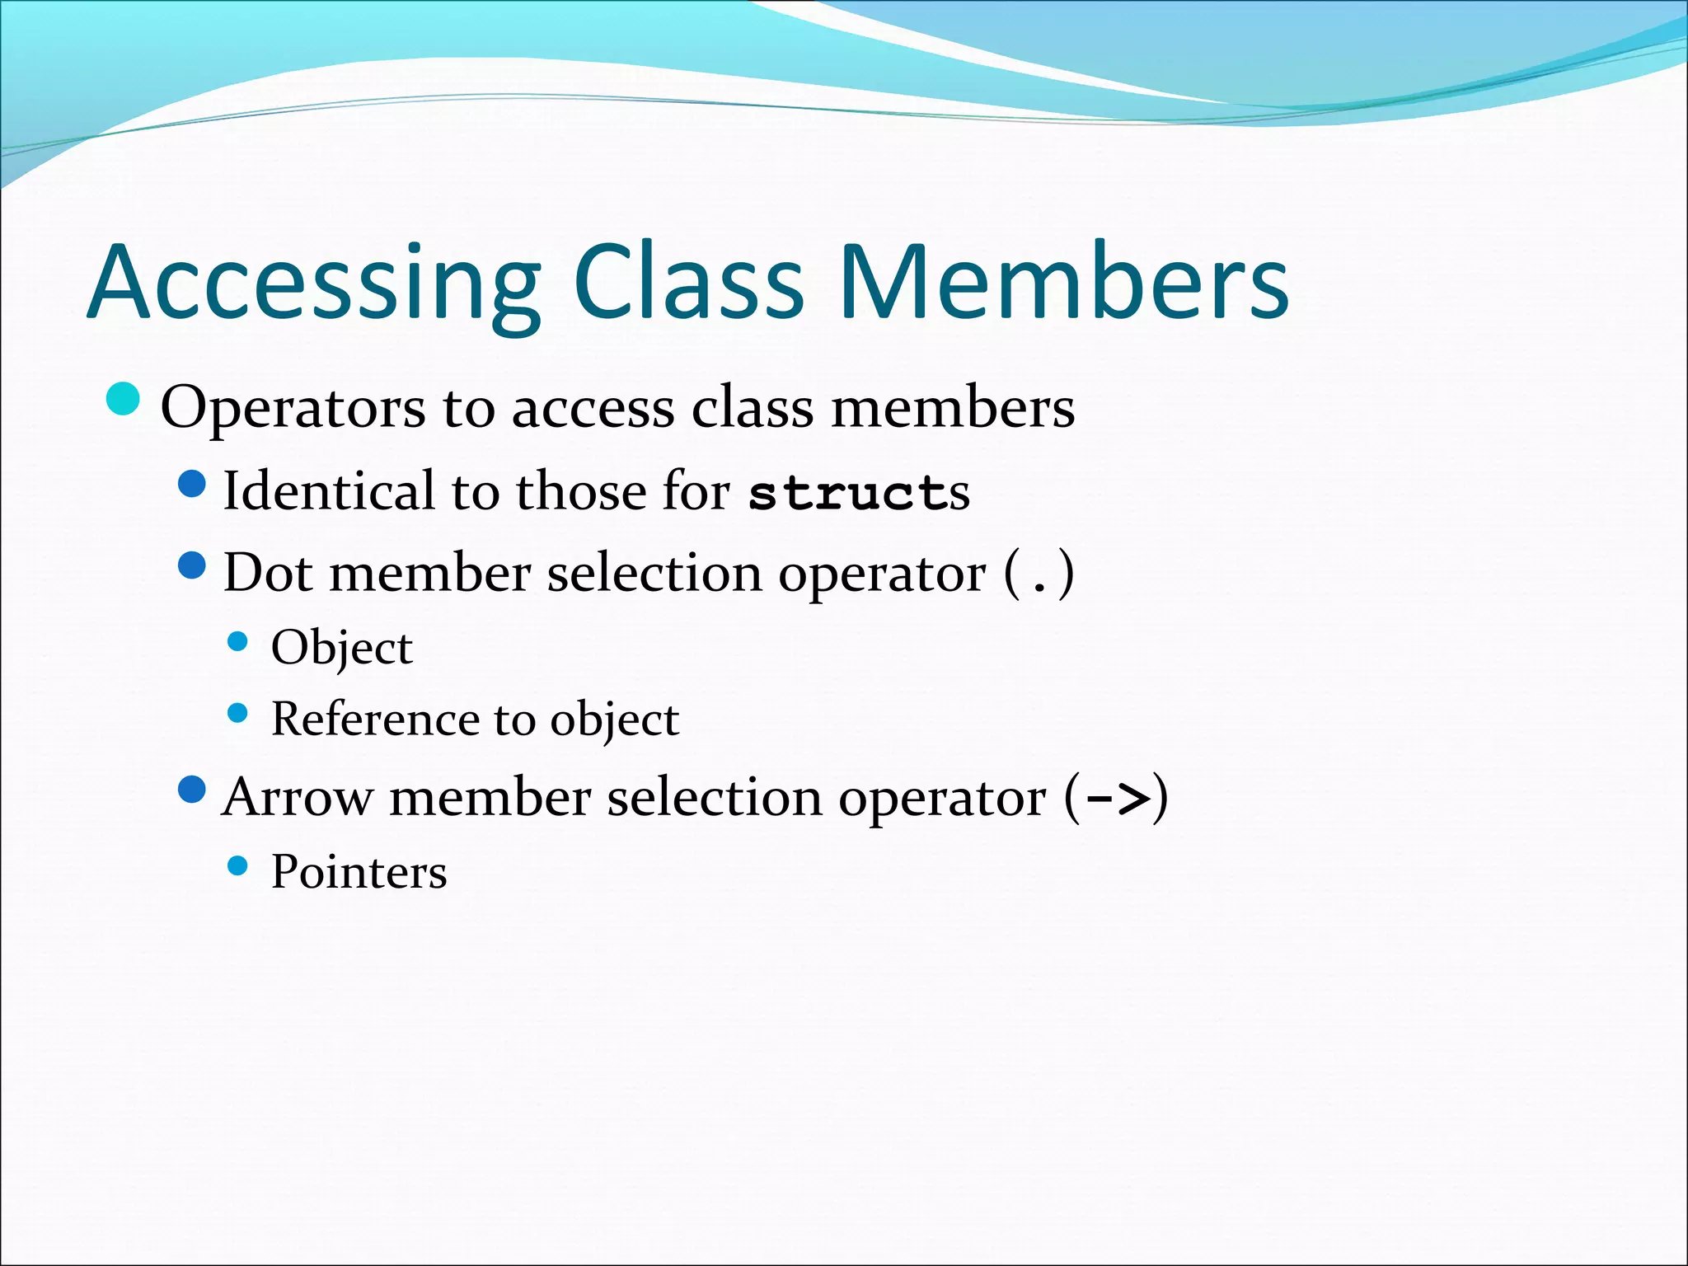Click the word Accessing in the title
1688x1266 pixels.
click(313, 284)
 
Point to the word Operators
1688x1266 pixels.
click(293, 408)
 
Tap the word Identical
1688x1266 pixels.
click(327, 491)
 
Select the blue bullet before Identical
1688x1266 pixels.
click(191, 484)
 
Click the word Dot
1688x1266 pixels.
click(268, 573)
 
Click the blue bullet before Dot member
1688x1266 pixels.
click(191, 565)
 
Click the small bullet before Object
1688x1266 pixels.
click(237, 641)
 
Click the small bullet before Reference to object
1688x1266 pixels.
click(237, 713)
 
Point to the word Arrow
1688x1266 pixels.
click(297, 798)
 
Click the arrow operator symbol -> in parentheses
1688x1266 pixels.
click(1117, 798)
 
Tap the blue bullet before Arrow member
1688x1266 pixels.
click(191, 790)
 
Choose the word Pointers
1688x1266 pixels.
click(359, 872)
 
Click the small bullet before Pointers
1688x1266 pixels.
click(237, 865)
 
